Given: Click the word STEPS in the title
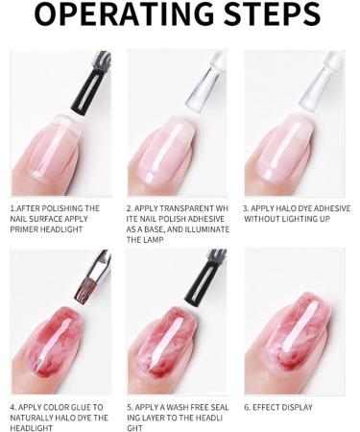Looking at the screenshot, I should pos(272,17).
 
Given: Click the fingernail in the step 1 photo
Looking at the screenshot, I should pos(51,143).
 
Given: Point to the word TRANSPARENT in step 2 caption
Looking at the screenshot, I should pos(184,208).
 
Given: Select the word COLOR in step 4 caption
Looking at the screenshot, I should pos(57,407).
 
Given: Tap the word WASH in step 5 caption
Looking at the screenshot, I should pos(185,407).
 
